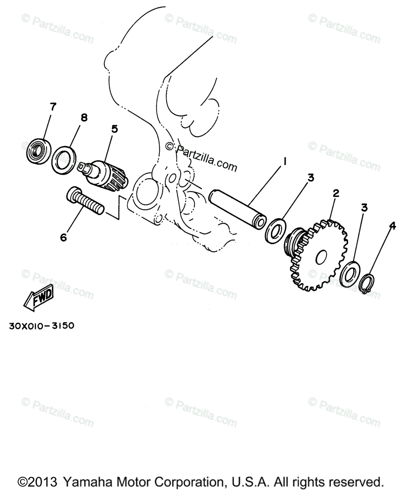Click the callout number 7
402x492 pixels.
(x=53, y=107)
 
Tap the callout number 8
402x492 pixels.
(x=84, y=118)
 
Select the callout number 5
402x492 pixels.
(x=114, y=129)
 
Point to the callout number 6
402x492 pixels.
(x=63, y=237)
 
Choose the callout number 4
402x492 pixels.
(x=392, y=226)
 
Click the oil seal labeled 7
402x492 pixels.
(x=39, y=152)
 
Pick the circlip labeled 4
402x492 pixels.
(x=367, y=283)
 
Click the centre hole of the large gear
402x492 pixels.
(x=321, y=257)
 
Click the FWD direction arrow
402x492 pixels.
(x=38, y=296)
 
